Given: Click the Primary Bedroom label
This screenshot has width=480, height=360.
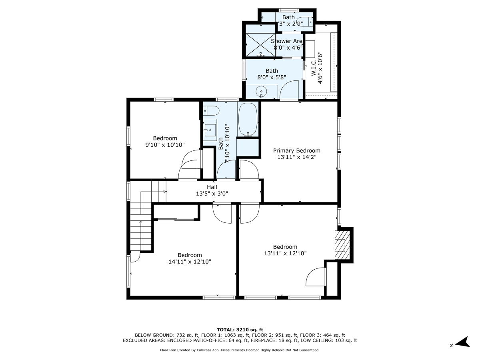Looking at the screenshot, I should point(296,151).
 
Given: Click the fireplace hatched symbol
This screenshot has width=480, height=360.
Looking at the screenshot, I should point(340,245).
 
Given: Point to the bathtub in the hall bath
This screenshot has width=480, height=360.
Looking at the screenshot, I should point(248,120).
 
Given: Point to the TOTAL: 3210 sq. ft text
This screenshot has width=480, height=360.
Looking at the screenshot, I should point(240,329).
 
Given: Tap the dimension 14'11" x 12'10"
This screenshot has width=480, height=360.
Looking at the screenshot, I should point(190,262).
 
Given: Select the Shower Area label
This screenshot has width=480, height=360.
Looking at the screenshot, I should point(286,41).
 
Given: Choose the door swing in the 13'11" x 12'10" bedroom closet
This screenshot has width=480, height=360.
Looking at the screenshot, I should point(316,276).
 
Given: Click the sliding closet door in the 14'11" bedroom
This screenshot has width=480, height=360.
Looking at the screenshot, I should point(176,219).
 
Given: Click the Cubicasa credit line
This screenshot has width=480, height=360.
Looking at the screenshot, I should point(240,350).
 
